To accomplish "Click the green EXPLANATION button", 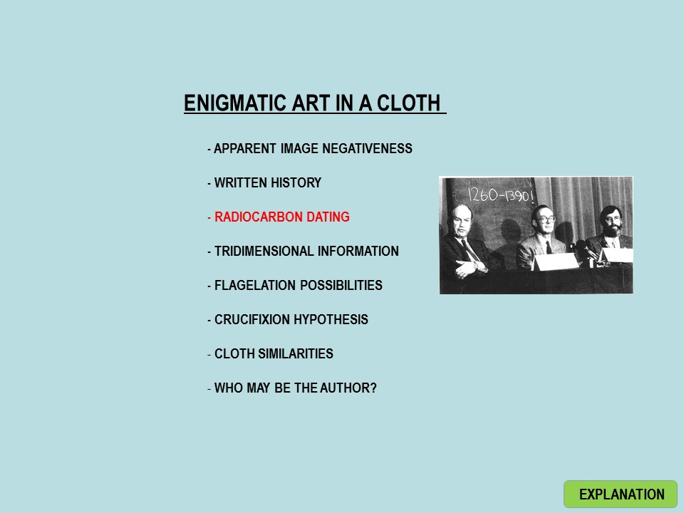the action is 621,494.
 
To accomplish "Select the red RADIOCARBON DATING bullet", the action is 282,217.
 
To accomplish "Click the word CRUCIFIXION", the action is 251,319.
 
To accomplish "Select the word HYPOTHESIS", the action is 330,319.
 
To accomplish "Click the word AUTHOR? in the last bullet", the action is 348,388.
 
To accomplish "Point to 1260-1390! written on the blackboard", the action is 501,195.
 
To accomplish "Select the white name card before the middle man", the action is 555,261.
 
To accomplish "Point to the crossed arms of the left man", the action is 470,267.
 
